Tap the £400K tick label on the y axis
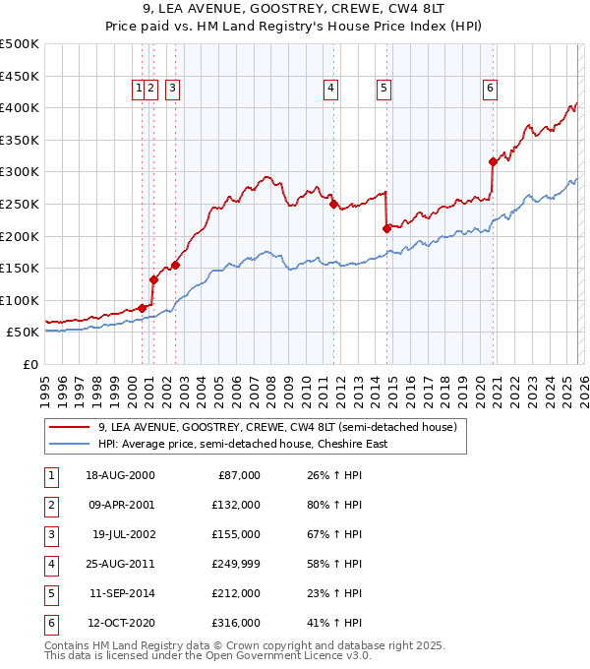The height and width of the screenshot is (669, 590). click(20, 107)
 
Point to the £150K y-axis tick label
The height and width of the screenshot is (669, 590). click(20, 268)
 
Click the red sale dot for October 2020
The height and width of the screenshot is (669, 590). click(493, 161)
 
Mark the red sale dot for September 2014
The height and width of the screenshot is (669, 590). click(386, 228)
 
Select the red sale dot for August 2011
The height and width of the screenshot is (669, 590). click(333, 204)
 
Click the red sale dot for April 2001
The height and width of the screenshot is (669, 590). click(153, 279)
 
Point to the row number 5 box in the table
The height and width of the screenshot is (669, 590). click(50, 594)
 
